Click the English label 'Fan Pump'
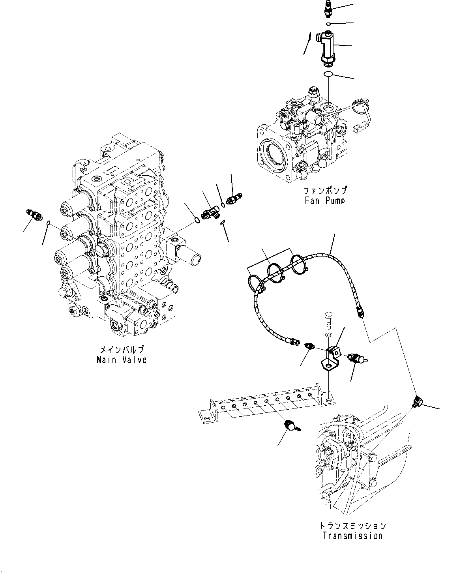[x=325, y=200]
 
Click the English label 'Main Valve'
[x=122, y=360]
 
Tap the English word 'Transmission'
[x=352, y=536]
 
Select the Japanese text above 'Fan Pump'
[x=325, y=191]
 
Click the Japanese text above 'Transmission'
[x=352, y=526]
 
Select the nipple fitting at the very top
[x=328, y=9]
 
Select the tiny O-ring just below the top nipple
[x=328, y=24]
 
